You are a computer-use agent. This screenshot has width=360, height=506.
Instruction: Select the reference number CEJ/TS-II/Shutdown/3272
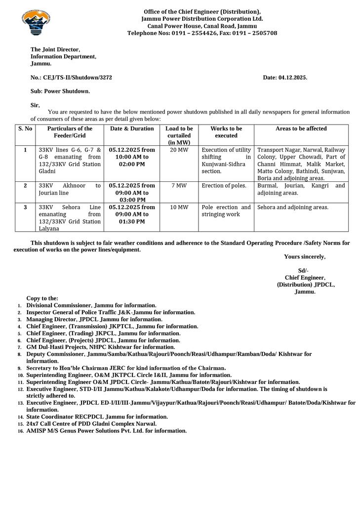pyautogui.click(x=71, y=78)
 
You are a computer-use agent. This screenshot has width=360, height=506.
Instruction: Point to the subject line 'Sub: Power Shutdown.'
pyautogui.click(x=60, y=91)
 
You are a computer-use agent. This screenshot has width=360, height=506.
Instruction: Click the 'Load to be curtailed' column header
pyautogui.click(x=179, y=135)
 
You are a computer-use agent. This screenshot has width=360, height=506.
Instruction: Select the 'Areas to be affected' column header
pyautogui.click(x=301, y=128)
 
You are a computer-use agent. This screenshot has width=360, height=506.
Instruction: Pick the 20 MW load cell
pyautogui.click(x=179, y=150)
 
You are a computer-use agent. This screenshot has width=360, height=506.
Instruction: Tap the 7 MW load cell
pyautogui.click(x=179, y=186)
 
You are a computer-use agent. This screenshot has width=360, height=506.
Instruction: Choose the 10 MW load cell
pyautogui.click(x=179, y=208)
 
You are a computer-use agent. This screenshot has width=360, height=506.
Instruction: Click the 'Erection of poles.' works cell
pyautogui.click(x=224, y=186)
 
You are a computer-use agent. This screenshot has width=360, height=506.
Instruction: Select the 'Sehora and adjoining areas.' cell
pyautogui.click(x=293, y=208)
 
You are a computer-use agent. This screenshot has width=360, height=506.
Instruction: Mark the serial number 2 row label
pyautogui.click(x=25, y=186)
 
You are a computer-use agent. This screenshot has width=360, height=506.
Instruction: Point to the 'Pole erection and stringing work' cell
pyautogui.click(x=226, y=211)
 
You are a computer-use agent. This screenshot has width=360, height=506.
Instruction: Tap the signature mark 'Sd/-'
pyautogui.click(x=303, y=270)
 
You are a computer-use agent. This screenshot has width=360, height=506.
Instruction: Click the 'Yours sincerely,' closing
pyautogui.click(x=305, y=256)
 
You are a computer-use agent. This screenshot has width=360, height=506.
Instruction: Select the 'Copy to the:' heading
pyautogui.click(x=42, y=298)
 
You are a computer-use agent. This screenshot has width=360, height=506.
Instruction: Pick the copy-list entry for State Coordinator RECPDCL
pyautogui.click(x=97, y=417)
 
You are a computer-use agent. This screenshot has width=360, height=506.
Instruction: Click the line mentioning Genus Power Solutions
pyautogui.click(x=106, y=430)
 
